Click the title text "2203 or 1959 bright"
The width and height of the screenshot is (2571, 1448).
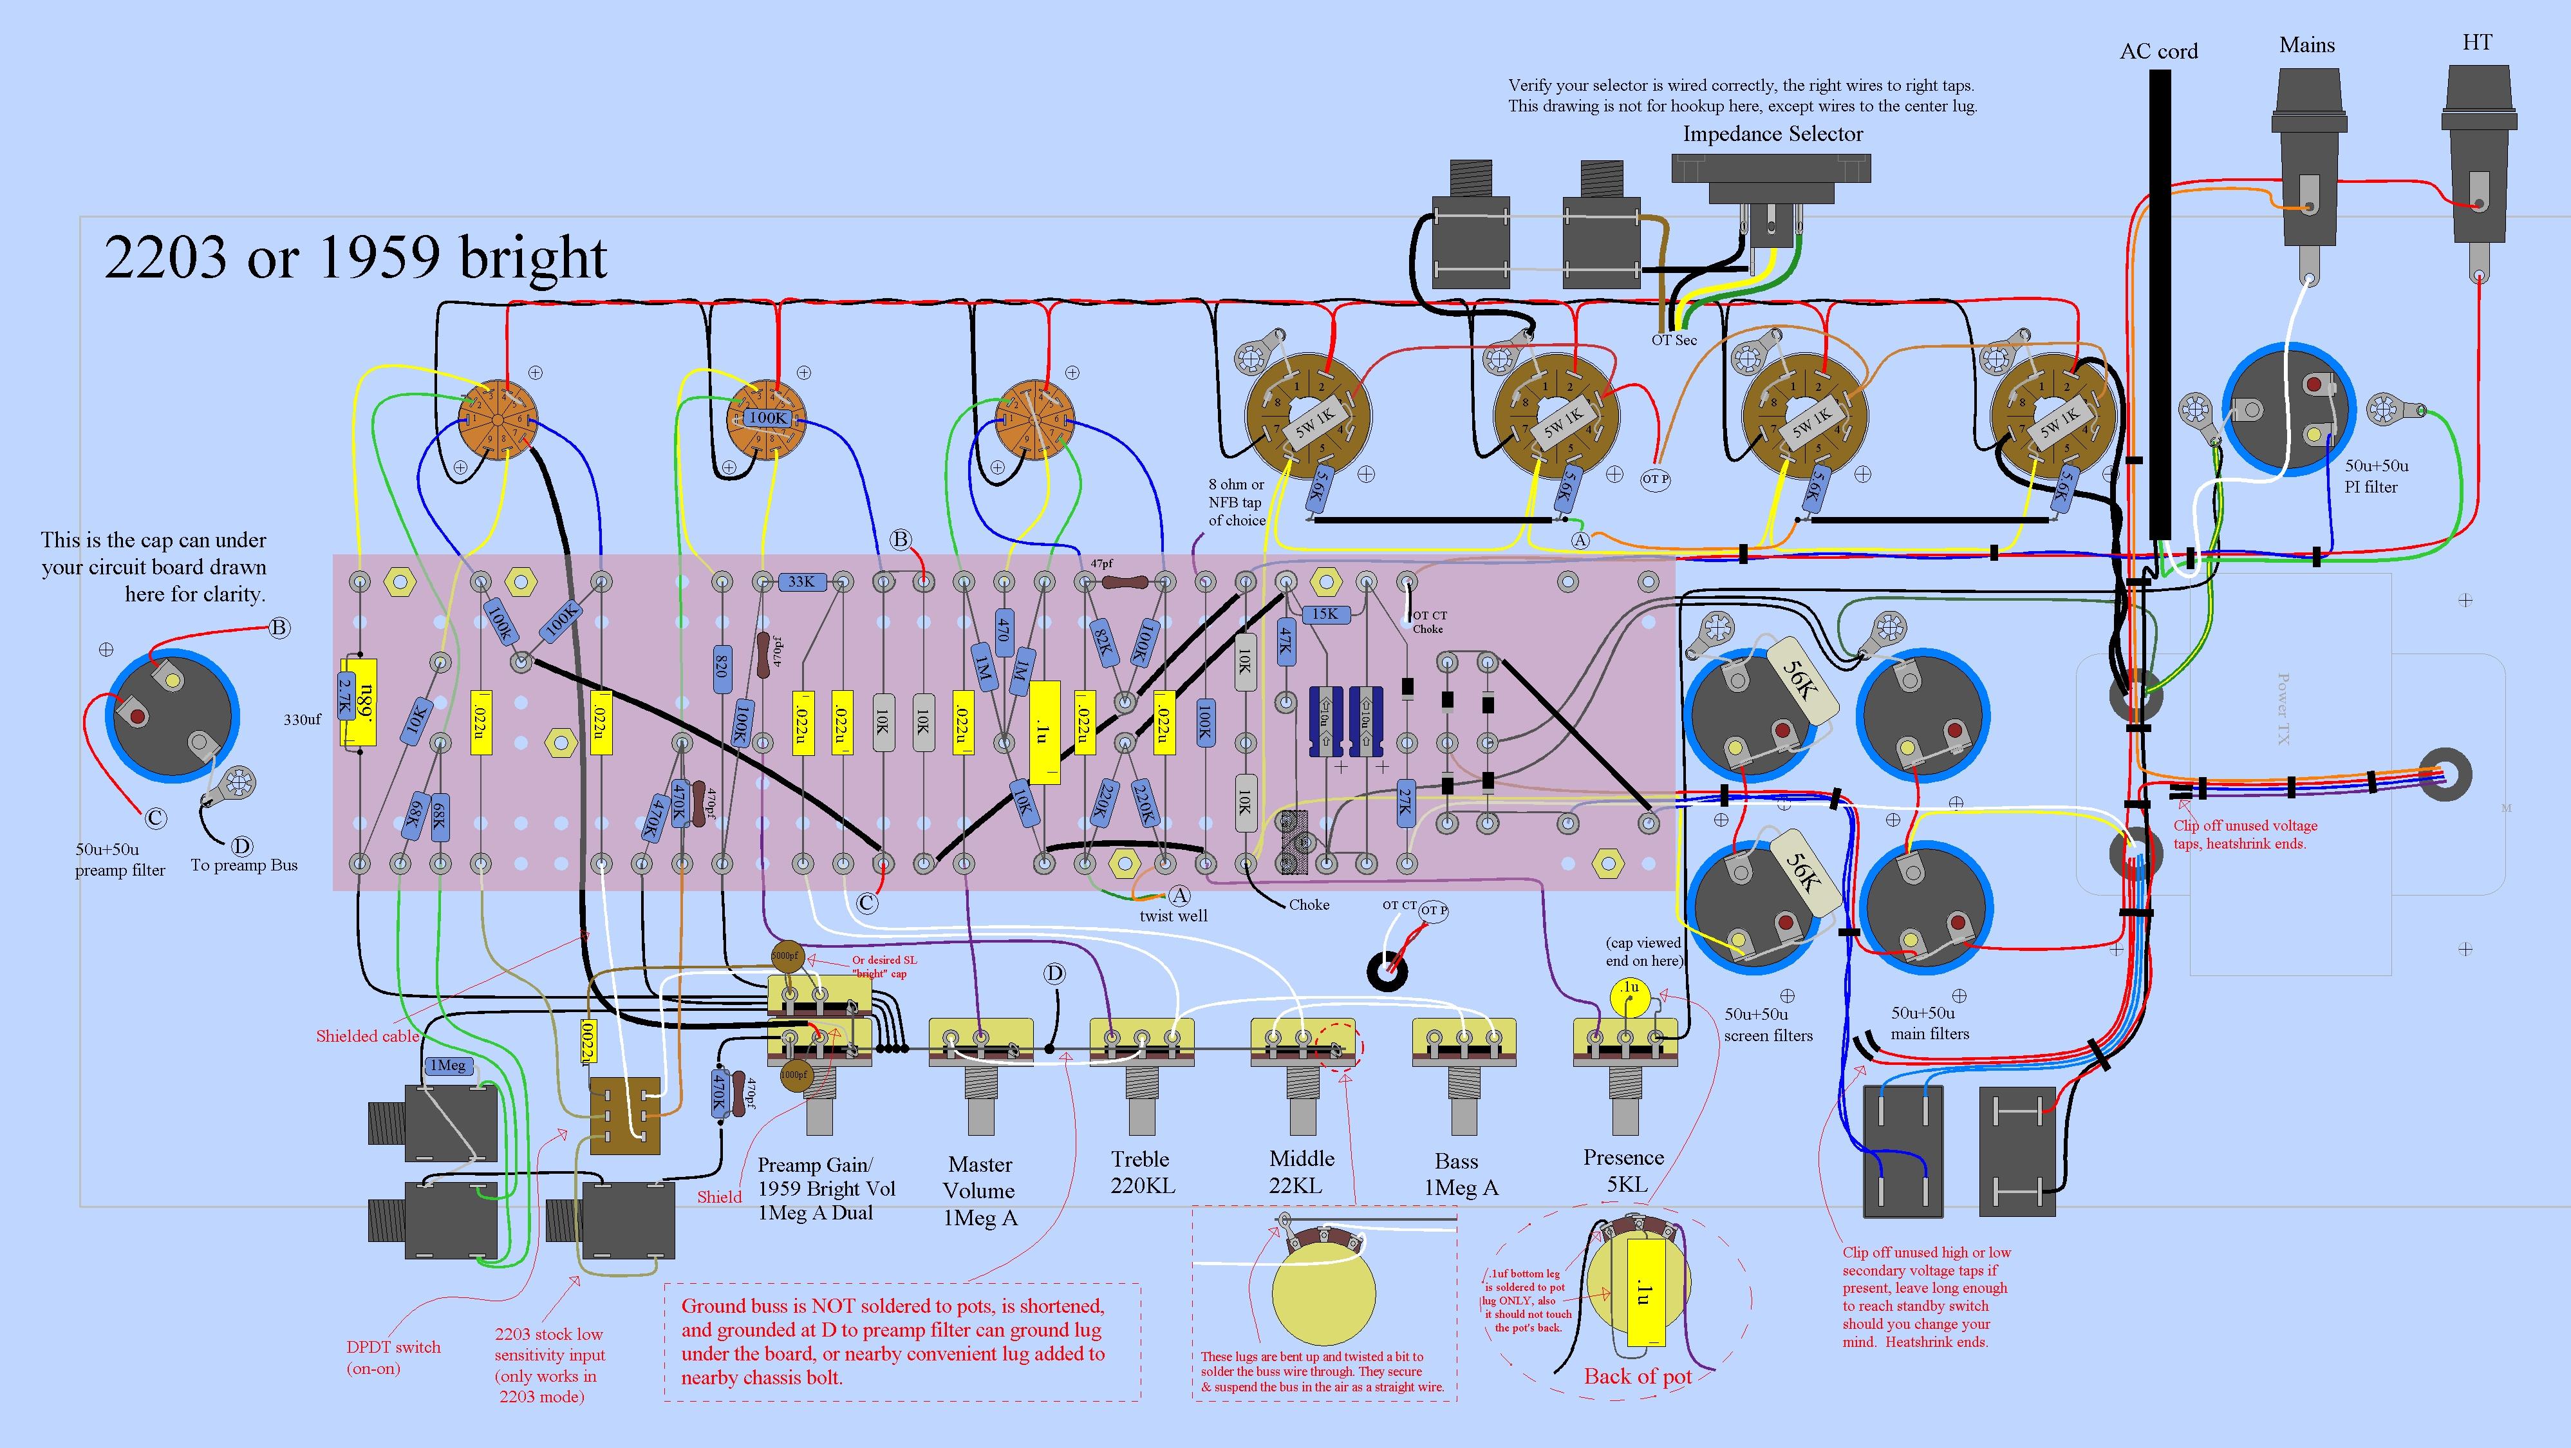[355, 258]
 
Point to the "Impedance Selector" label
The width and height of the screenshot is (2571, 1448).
[1773, 134]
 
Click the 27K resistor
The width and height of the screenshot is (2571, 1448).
[1405, 800]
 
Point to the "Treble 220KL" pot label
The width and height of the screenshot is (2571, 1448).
[1142, 1172]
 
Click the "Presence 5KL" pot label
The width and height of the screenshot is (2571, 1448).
[1624, 1171]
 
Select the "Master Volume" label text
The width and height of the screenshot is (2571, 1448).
[980, 1178]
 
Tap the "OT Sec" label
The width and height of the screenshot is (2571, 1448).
[1674, 341]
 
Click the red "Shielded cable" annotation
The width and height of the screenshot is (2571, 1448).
[368, 1036]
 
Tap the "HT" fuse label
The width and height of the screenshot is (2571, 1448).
[2477, 43]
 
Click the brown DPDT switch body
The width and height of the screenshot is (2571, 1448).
[625, 1116]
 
